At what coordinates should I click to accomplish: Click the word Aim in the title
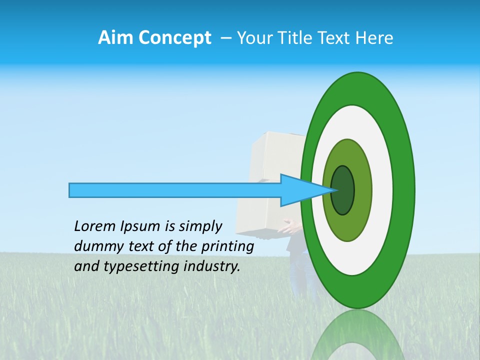click(x=115, y=38)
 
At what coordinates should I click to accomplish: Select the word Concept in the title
click(x=174, y=38)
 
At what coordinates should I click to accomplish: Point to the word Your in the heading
click(x=253, y=38)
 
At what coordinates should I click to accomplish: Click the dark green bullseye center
click(x=342, y=190)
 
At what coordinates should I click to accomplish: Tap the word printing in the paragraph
click(x=227, y=247)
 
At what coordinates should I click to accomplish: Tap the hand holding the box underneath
click(x=289, y=228)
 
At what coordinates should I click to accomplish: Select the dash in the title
click(x=225, y=38)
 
